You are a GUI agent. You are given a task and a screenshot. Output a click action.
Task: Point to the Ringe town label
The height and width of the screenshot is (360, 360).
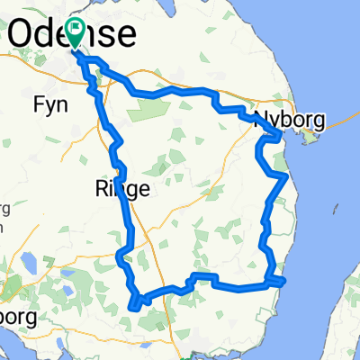(115, 188)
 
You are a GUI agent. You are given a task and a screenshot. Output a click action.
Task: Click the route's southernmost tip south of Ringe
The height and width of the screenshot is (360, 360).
(133, 307)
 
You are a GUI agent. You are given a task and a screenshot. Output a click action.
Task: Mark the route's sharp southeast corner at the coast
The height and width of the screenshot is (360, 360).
(282, 283)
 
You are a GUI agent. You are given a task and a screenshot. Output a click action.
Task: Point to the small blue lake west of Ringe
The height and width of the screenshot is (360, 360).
(26, 262)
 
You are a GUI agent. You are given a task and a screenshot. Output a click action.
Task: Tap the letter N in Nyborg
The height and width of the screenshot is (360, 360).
(262, 120)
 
